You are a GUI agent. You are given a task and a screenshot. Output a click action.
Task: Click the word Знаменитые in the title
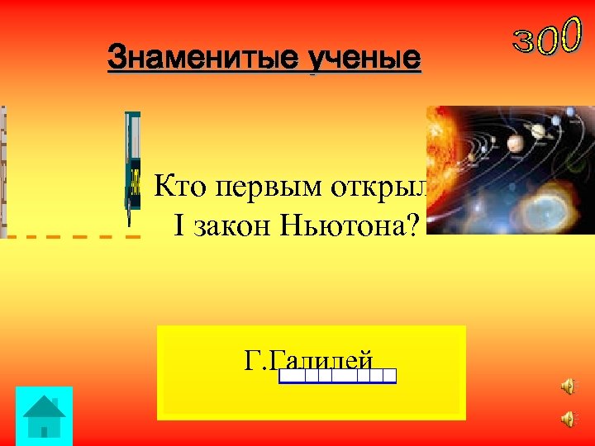(204, 59)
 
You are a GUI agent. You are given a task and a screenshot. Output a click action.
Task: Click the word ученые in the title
(364, 59)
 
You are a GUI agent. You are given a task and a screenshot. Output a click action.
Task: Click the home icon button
(45, 416)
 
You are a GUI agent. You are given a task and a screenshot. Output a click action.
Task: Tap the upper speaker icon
(568, 387)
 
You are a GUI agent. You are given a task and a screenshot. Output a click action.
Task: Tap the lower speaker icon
(568, 420)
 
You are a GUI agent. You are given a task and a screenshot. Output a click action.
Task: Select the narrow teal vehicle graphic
(132, 165)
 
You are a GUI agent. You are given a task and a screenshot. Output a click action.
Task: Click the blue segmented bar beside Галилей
(337, 377)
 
